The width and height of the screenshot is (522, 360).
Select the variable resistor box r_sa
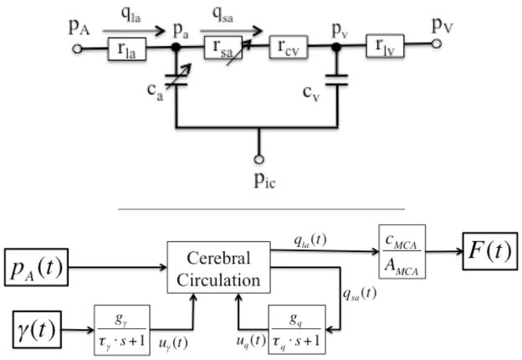click(224, 49)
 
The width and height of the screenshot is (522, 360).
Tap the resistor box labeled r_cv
click(287, 49)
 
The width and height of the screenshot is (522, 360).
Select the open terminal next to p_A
click(78, 49)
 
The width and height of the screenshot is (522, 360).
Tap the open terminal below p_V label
click(436, 49)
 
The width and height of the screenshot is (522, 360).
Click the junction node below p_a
click(177, 49)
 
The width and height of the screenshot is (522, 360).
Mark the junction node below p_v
click(336, 49)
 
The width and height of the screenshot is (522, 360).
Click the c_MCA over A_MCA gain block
click(402, 249)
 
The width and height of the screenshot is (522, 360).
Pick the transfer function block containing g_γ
click(122, 330)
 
